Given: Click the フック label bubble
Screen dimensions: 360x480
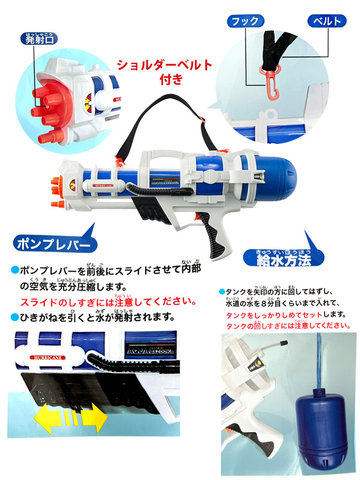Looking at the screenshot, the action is tap(245, 21).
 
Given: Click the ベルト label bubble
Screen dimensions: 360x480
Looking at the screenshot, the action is tap(327, 21).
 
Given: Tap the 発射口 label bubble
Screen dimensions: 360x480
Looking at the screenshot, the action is tap(39, 39).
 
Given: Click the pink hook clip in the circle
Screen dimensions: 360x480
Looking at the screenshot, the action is tap(270, 83).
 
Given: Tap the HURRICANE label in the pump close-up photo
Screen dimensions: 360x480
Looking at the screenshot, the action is tap(48, 357).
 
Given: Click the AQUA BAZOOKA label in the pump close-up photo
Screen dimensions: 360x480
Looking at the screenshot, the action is tap(150, 350).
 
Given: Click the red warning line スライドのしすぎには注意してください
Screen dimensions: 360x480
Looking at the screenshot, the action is tap(108, 302).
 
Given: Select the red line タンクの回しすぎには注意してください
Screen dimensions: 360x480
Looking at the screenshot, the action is tap(288, 326).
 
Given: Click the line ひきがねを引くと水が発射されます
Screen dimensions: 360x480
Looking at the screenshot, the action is tap(93, 317).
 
